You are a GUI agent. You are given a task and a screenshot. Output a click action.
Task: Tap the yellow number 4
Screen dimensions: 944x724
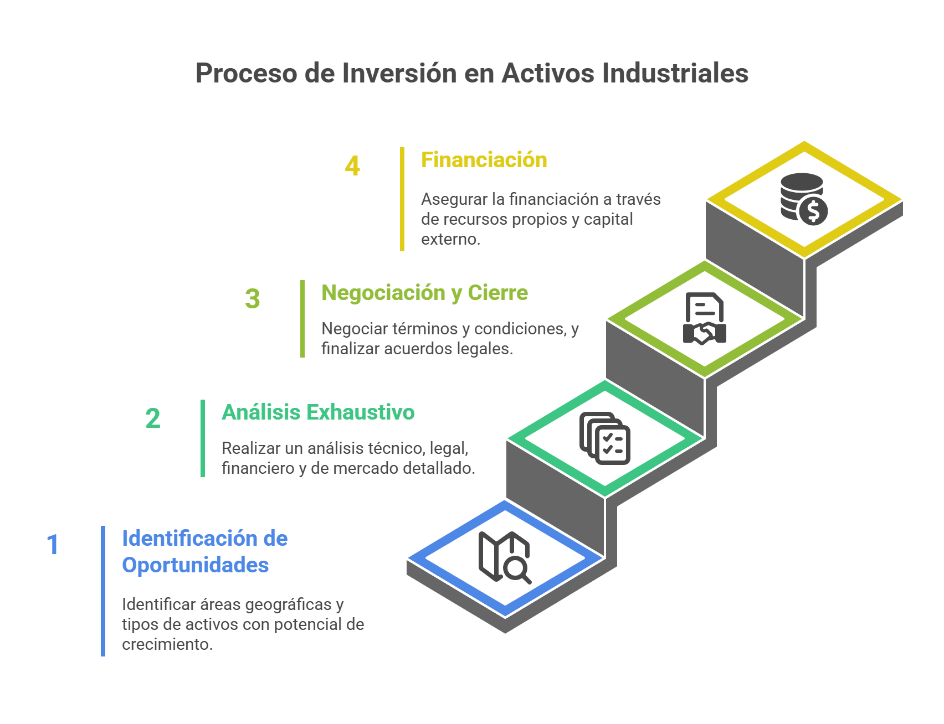352,166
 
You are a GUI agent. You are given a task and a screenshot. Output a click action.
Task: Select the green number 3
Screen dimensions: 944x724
253,299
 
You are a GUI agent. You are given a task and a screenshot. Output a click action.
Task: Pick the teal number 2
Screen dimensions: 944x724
153,418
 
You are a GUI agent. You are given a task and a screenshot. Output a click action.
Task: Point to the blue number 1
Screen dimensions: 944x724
53,545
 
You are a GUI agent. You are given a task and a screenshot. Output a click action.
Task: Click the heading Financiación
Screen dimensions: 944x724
484,160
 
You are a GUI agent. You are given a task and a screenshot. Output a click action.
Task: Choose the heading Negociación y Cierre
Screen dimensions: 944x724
425,293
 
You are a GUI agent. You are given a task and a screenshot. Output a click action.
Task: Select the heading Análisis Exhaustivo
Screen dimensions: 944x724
318,412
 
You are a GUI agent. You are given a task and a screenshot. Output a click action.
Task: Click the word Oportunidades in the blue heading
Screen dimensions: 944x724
196,565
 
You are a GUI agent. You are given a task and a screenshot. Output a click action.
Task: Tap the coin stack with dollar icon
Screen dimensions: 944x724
804,199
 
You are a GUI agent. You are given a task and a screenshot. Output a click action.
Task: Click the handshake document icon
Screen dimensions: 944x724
704,318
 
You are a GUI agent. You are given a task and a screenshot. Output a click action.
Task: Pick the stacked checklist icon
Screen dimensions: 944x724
604,438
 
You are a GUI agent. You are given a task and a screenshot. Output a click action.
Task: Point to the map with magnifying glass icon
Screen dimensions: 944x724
505,557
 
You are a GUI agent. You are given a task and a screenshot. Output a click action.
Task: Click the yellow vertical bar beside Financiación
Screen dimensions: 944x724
402,199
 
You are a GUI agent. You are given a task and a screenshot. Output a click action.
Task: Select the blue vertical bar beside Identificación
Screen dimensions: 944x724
103,591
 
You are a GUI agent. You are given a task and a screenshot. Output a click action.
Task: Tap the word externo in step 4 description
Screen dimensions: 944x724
450,239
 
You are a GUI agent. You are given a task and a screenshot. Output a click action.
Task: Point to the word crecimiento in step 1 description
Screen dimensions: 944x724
167,644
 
